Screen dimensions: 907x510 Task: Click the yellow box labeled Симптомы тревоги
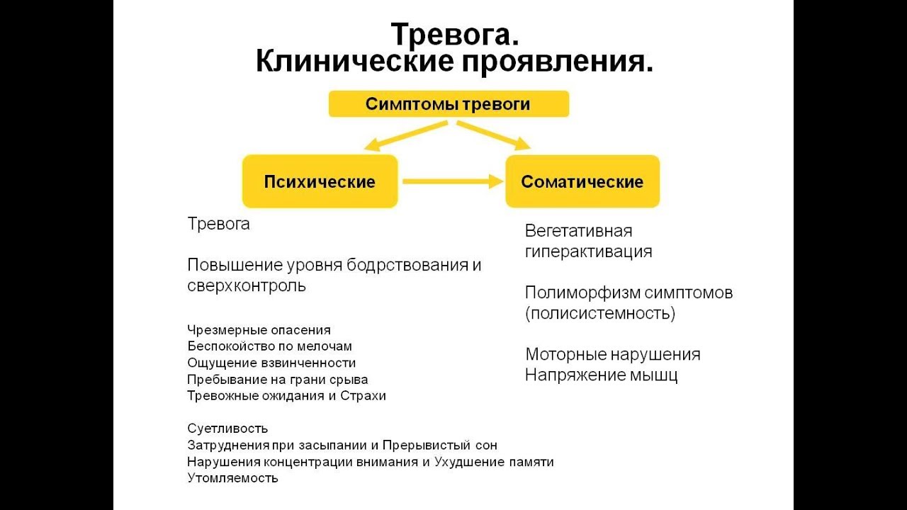tap(449, 104)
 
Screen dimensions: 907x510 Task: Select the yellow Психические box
tap(320, 181)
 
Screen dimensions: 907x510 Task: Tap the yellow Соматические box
tap(582, 181)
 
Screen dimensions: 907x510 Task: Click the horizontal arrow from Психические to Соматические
tap(453, 181)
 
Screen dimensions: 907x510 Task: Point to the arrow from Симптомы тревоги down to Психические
tap(406, 136)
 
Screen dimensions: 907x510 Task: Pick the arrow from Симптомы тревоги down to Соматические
tap(494, 135)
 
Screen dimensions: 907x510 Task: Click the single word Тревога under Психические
tap(219, 224)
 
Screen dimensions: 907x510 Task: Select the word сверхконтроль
tap(246, 285)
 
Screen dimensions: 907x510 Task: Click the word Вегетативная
tap(578, 231)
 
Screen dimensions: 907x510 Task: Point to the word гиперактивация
tap(588, 251)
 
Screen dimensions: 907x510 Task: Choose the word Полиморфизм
tap(582, 293)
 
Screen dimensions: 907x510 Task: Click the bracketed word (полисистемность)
tap(600, 313)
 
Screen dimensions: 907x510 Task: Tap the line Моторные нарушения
tap(613, 355)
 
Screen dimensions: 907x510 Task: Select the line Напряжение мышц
tap(601, 375)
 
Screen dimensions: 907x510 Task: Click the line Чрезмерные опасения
tap(259, 330)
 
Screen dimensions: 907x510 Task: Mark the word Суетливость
tap(227, 429)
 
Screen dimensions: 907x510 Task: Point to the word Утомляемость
tap(233, 478)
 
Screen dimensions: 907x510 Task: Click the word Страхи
tap(363, 395)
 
